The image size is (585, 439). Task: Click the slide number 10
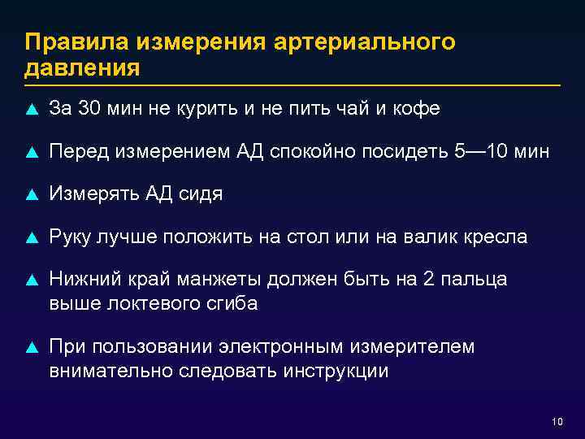point(557,421)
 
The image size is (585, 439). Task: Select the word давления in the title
point(82,67)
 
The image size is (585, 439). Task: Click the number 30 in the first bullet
point(90,108)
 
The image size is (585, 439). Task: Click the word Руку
point(73,237)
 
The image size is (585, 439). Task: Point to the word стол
point(305,237)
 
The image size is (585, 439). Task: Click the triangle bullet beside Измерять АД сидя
point(31,195)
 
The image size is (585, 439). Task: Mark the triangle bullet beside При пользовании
point(31,349)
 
